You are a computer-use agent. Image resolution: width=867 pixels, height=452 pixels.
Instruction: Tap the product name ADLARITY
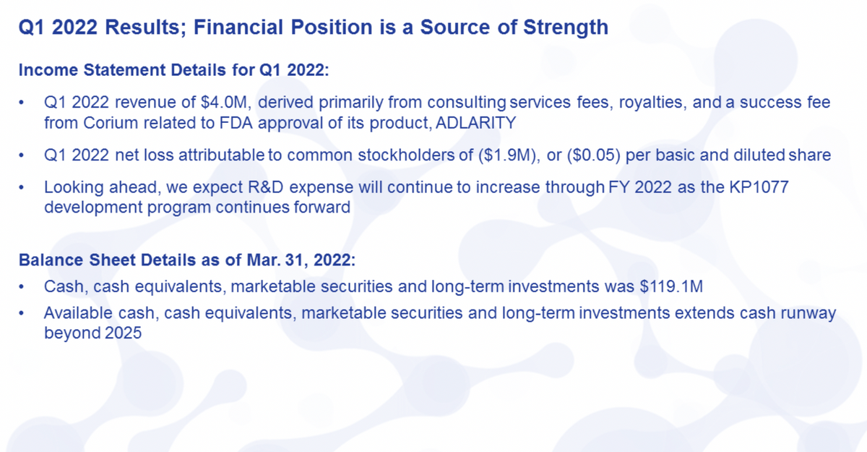pyautogui.click(x=475, y=123)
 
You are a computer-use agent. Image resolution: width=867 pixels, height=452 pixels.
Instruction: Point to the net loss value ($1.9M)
pyautogui.click(x=509, y=155)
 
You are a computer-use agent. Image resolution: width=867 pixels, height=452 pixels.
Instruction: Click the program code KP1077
pyautogui.click(x=759, y=187)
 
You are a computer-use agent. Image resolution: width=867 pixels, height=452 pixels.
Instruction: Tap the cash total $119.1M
pyautogui.click(x=671, y=286)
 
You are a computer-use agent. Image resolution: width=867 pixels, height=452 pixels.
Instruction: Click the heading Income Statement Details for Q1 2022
pyautogui.click(x=174, y=70)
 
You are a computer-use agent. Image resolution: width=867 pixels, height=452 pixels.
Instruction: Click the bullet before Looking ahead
pyautogui.click(x=21, y=188)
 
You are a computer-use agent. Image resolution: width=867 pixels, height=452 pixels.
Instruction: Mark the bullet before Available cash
pyautogui.click(x=21, y=313)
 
